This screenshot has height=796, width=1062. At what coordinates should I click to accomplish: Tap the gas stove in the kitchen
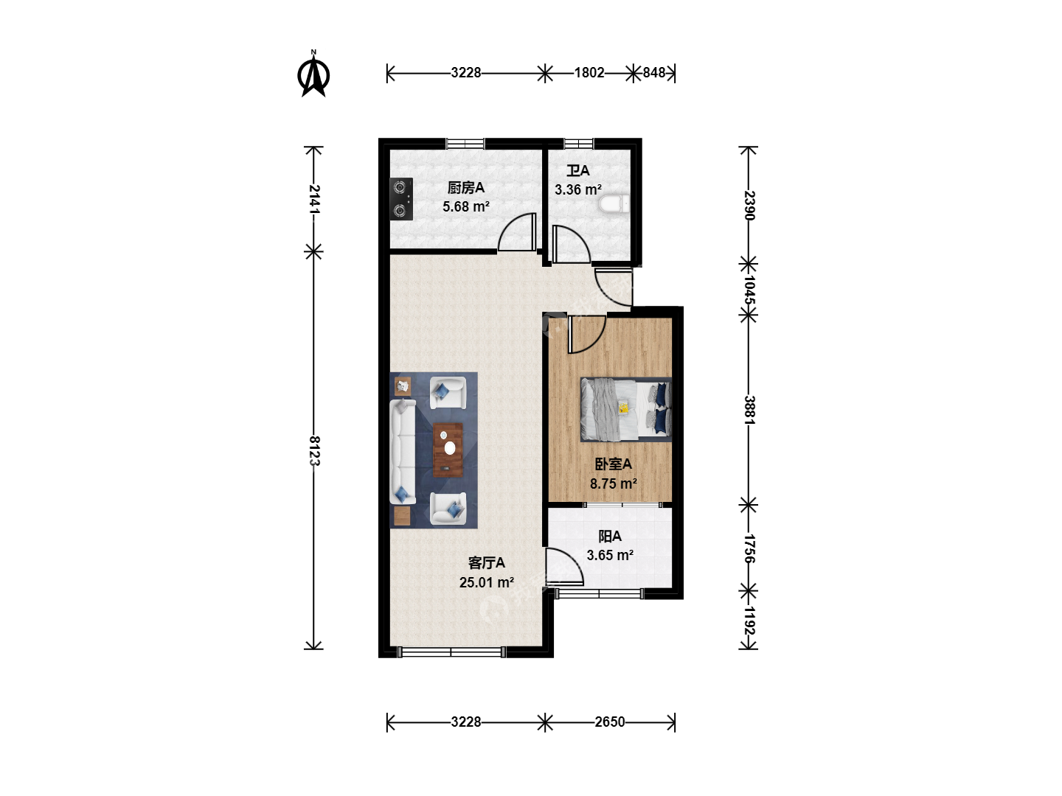[x=401, y=199]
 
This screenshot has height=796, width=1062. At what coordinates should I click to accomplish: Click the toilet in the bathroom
[x=614, y=204]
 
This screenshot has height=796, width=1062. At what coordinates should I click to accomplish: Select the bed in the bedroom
[x=626, y=409]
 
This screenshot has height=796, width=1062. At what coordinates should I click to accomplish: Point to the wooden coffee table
[x=448, y=450]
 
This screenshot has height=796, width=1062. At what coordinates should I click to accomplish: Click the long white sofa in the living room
[x=403, y=452]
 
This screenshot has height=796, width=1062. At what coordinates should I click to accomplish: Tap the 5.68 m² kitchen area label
[x=466, y=207]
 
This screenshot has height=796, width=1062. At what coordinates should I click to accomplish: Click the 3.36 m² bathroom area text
[x=578, y=189]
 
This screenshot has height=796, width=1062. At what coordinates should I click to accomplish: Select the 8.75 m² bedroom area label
[x=614, y=483]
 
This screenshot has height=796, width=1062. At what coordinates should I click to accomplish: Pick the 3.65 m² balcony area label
[x=610, y=555]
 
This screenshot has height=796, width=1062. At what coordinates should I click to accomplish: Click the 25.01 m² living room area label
[x=487, y=582]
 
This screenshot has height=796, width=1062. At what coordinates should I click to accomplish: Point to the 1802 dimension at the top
[x=589, y=72]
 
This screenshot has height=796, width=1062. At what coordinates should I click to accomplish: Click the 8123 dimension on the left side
[x=314, y=450]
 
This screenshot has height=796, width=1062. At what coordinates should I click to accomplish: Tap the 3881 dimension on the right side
[x=749, y=410]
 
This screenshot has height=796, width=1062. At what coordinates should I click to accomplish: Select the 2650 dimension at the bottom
[x=610, y=722]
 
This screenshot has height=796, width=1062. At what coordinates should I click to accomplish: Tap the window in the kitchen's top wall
[x=465, y=144]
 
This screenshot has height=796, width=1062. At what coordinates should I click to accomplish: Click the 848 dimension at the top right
[x=654, y=72]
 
